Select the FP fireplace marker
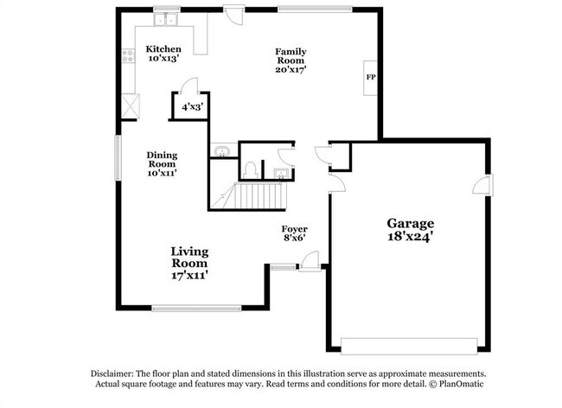coord(371,78)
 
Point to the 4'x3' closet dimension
coord(192,107)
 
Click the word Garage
coord(410,222)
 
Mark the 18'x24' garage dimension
coord(410,236)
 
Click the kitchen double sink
coord(165,19)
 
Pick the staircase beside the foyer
coord(261,196)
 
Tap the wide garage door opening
coord(409,343)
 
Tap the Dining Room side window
coord(118,156)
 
